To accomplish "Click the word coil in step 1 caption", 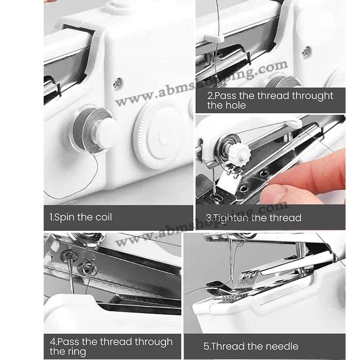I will tap(100, 217).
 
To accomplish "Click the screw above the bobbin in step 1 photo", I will tap(118, 83).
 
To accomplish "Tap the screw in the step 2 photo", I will tap(306, 52).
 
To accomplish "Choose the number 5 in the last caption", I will tap(206, 346).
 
